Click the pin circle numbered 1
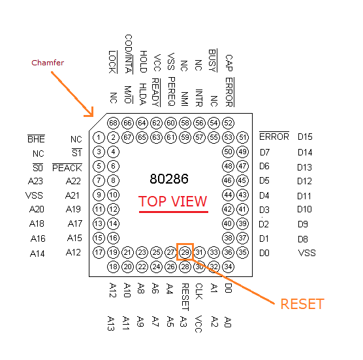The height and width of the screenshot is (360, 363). pyautogui.click(x=99, y=137)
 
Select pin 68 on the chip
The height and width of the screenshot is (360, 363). pyautogui.click(x=113, y=123)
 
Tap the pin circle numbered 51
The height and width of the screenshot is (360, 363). pyautogui.click(x=242, y=137)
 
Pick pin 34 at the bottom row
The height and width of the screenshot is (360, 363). pyautogui.click(x=228, y=267)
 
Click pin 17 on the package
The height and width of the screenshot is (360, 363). pyautogui.click(x=99, y=252)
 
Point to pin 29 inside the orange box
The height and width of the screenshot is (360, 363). pyautogui.click(x=185, y=252)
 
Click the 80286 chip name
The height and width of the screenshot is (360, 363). pyautogui.click(x=169, y=179)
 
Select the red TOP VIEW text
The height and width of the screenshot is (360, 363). pyautogui.click(x=172, y=201)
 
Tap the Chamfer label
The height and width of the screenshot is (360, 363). pyautogui.click(x=48, y=63)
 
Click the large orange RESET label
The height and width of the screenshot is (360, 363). pyautogui.click(x=302, y=304)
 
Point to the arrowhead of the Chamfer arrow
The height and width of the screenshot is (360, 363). pyautogui.click(x=92, y=116)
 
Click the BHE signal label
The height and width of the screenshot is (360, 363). pyautogui.click(x=36, y=139)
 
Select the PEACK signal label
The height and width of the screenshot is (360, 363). pyautogui.click(x=67, y=167)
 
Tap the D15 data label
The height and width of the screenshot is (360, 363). pyautogui.click(x=305, y=137)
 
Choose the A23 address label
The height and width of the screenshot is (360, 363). pyautogui.click(x=35, y=181)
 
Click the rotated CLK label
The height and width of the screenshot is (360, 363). pyautogui.click(x=199, y=291)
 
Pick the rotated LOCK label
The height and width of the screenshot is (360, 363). pyautogui.click(x=112, y=62)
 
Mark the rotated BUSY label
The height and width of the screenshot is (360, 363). pyautogui.click(x=213, y=61)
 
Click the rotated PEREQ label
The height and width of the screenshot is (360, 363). pyautogui.click(x=171, y=91)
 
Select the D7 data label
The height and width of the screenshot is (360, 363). pyautogui.click(x=265, y=152)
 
